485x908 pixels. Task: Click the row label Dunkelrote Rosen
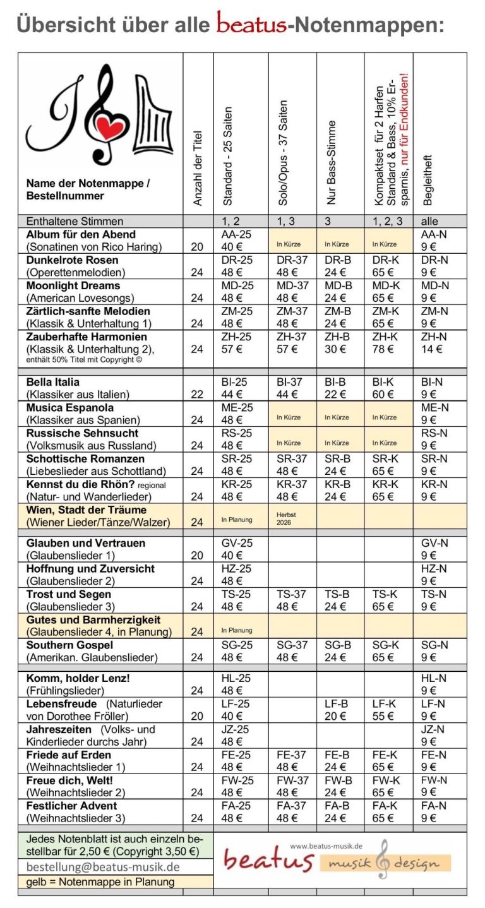[x=72, y=260]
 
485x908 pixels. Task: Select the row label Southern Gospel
[x=69, y=645]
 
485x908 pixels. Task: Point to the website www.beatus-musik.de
[x=325, y=846]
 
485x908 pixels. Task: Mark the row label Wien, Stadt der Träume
[x=86, y=510]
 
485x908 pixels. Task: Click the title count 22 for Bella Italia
[x=197, y=395]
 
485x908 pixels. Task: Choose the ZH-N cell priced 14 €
[x=434, y=343]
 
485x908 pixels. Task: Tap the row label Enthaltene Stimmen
[x=75, y=221]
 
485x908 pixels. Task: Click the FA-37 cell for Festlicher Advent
[x=292, y=812]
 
